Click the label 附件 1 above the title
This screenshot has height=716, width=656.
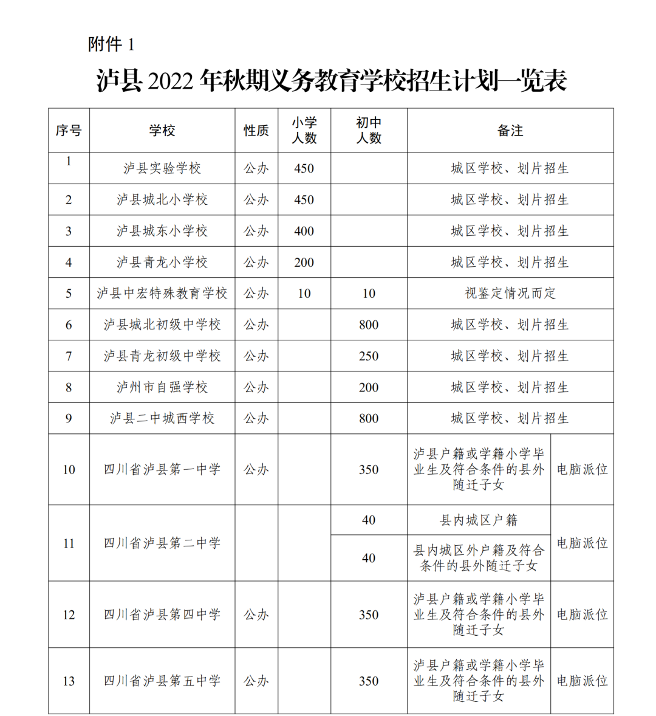(111, 44)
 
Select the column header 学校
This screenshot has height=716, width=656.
(162, 131)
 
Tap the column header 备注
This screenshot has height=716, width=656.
(510, 131)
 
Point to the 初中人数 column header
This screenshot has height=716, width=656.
(369, 131)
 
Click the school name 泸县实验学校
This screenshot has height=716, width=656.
(162, 168)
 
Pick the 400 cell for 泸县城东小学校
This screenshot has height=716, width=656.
(304, 231)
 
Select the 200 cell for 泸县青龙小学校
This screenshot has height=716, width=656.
(304, 263)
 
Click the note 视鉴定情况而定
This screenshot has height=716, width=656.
(510, 294)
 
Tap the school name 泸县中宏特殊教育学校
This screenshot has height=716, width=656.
(162, 294)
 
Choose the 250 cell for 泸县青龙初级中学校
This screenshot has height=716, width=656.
(369, 356)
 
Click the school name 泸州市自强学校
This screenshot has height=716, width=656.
(162, 387)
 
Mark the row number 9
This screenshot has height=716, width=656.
(69, 418)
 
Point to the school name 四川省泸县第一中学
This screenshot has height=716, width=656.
(162, 469)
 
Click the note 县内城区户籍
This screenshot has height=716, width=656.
(479, 520)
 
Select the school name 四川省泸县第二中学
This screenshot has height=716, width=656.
(162, 543)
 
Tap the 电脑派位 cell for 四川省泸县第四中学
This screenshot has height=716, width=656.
(582, 614)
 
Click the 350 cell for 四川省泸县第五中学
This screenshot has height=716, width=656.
(369, 681)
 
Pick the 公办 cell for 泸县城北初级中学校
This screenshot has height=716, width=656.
(256, 325)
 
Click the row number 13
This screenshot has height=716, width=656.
(69, 681)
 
